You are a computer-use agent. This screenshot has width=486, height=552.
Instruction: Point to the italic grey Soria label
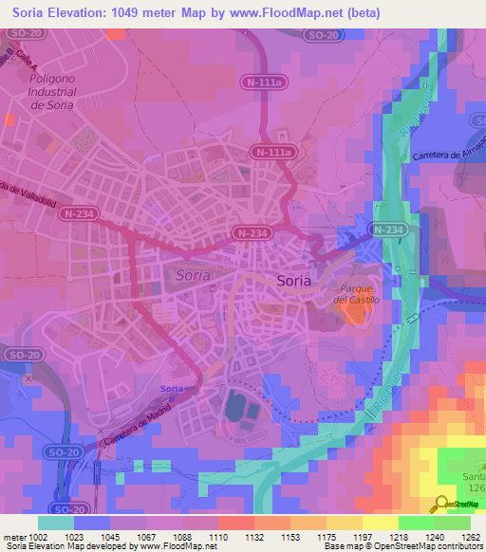coord(195,275)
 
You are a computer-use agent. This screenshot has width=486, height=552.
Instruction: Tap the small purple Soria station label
coord(172,390)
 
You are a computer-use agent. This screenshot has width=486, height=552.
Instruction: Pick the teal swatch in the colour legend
coord(55,523)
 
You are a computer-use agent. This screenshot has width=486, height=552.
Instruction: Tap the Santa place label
coord(471,475)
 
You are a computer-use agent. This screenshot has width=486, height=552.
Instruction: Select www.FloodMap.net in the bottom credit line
coord(178,546)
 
